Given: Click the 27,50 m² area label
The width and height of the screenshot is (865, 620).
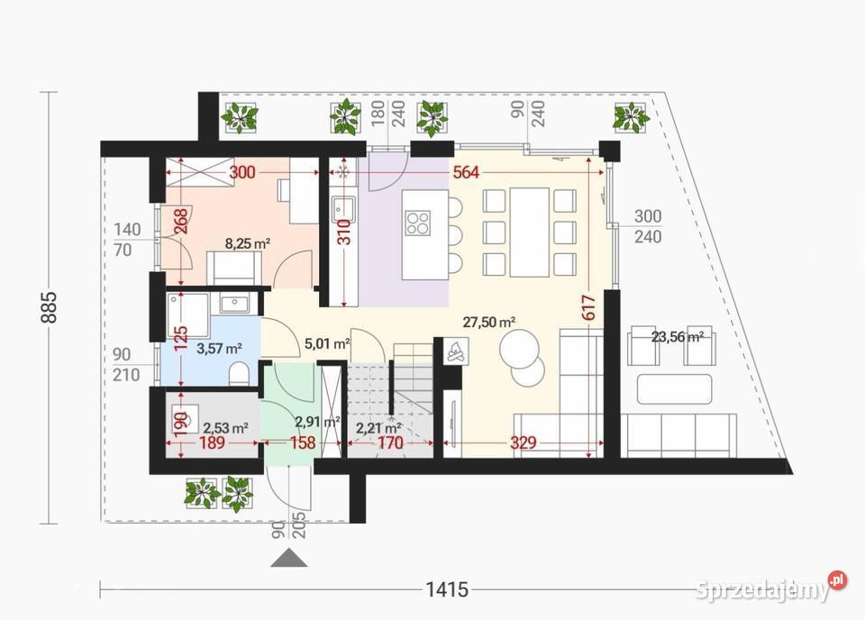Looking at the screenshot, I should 489,321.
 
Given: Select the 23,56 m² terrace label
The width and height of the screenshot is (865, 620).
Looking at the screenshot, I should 677,338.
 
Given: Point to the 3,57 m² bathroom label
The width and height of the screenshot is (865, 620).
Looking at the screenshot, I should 220,348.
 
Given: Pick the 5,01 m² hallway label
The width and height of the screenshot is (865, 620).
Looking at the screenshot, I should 327,342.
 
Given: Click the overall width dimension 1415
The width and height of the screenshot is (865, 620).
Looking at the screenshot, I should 447,590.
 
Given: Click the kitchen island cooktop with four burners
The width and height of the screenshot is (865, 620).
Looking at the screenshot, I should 418,222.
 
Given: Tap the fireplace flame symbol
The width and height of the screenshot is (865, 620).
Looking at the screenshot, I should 455,350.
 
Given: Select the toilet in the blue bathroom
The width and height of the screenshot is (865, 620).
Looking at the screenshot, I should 239,373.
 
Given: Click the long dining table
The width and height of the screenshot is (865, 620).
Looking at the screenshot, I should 529,232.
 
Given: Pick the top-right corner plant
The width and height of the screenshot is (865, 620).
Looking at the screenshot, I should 631,116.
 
